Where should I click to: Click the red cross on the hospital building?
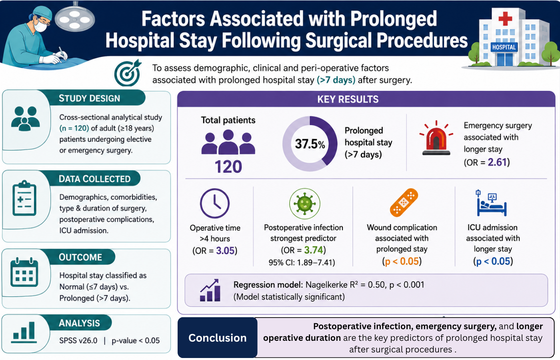[x=505, y=18]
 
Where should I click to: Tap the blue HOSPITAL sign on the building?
[x=504, y=47]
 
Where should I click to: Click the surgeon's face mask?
[x=40, y=26]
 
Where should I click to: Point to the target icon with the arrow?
[x=128, y=73]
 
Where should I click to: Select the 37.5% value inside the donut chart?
[x=310, y=144]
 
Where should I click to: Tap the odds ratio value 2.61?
[x=497, y=162]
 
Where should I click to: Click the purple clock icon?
[x=215, y=203]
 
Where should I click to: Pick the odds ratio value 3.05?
[x=225, y=250]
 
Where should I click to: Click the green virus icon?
[x=304, y=204]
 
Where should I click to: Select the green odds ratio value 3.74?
[x=314, y=250]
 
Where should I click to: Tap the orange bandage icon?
[x=404, y=203]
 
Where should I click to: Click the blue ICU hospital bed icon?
[x=492, y=203]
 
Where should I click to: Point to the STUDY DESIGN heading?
[x=90, y=98]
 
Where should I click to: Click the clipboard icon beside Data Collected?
[x=24, y=198]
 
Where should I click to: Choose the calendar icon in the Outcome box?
[x=24, y=272]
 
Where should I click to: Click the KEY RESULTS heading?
[x=348, y=99]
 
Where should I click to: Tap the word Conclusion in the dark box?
[x=218, y=338]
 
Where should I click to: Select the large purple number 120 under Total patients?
[x=228, y=167]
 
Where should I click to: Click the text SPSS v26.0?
[x=78, y=340]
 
